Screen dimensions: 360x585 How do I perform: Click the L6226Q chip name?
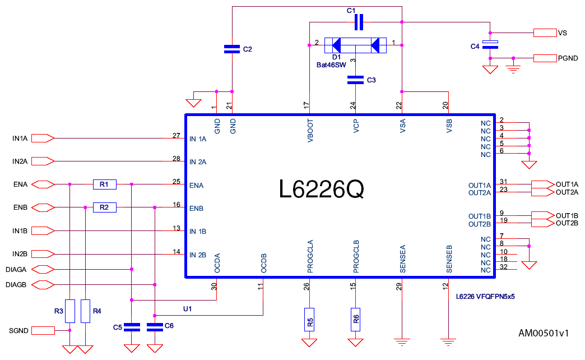pyautogui.click(x=322, y=190)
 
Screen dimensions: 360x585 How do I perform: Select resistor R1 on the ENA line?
pyautogui.click(x=104, y=184)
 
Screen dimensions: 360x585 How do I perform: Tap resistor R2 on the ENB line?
pyautogui.click(x=104, y=207)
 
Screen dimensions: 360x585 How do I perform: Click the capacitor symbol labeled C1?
pyautogui.click(x=359, y=22)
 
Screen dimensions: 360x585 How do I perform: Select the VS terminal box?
pyautogui.click(x=544, y=33)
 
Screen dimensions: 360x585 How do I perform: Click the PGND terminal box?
pyautogui.click(x=544, y=58)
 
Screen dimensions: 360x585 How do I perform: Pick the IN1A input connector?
pyautogui.click(x=43, y=138)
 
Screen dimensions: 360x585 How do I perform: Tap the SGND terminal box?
pyautogui.click(x=43, y=330)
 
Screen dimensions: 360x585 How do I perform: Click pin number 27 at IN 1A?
pyautogui.click(x=177, y=136)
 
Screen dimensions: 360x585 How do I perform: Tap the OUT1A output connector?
pyautogui.click(x=540, y=184)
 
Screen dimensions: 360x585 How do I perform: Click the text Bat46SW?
pyautogui.click(x=331, y=65)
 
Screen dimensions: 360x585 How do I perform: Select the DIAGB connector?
pyautogui.click(x=43, y=284)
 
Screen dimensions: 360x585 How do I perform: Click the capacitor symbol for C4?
pyautogui.click(x=490, y=45)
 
